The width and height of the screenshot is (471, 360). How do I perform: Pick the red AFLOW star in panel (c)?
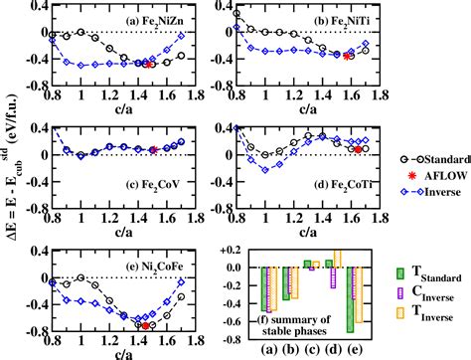click(x=154, y=150)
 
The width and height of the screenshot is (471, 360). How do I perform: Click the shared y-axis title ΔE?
click(x=10, y=179)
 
